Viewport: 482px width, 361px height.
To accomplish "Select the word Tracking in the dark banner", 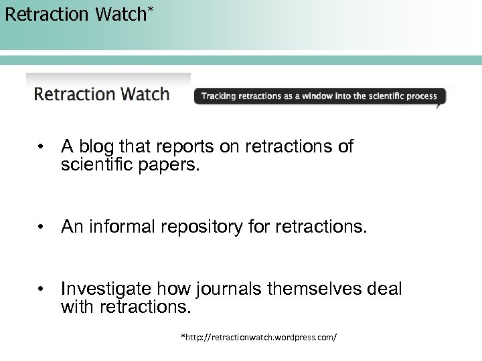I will coord(218,96).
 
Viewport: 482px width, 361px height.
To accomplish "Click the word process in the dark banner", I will coord(422,96).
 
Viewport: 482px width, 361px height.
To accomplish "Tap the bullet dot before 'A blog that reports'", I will coord(42,146).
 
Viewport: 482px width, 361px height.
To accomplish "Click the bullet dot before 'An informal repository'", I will coord(42,228).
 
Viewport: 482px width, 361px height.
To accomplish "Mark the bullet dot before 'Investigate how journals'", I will coord(42,289).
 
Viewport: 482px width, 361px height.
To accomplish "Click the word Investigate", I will coord(105,289).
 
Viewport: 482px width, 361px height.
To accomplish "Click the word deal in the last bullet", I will coord(385,289).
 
